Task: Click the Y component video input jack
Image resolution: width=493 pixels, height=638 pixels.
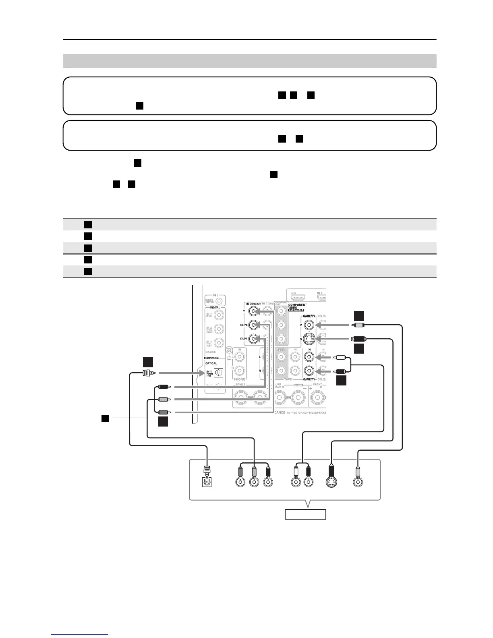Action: pyautogui.click(x=253, y=311)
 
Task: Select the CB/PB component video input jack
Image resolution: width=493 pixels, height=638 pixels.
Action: pyautogui.click(x=253, y=325)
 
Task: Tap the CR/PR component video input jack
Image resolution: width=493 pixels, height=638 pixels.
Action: pyautogui.click(x=253, y=339)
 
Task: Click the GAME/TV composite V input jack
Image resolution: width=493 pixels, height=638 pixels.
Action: pyautogui.click(x=309, y=325)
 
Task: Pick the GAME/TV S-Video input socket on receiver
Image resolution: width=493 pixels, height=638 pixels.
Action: pyautogui.click(x=309, y=339)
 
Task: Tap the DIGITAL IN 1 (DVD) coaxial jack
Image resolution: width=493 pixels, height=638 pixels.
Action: pyautogui.click(x=219, y=315)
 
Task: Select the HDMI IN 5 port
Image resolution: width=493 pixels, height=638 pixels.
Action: pyautogui.click(x=298, y=298)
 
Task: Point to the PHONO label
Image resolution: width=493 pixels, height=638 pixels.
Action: pyautogui.click(x=240, y=379)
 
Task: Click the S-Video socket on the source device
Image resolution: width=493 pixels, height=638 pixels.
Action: pyautogui.click(x=332, y=482)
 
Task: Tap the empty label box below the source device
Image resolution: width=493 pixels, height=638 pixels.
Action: pyautogui.click(x=305, y=514)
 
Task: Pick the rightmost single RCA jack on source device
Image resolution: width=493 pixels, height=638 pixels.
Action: pyautogui.click(x=357, y=482)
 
